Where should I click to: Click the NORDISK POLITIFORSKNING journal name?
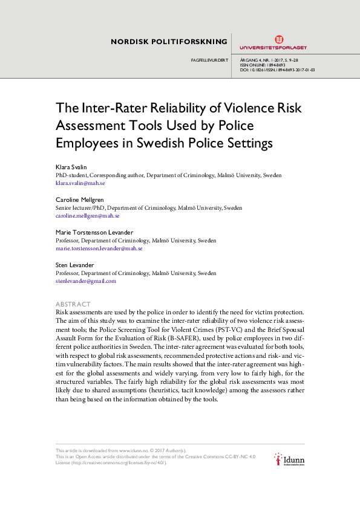click(x=169, y=42)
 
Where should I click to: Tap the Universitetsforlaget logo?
click(x=273, y=42)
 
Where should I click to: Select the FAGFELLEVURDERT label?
click(x=209, y=60)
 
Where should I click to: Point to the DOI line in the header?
click(x=277, y=70)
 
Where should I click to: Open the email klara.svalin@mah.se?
click(x=80, y=183)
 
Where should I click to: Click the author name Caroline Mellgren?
click(x=79, y=200)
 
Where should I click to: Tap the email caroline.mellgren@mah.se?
click(x=87, y=215)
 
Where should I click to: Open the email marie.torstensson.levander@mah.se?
click(x=99, y=248)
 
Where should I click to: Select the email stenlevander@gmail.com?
click(x=85, y=280)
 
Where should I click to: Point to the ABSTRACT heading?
click(x=73, y=303)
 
